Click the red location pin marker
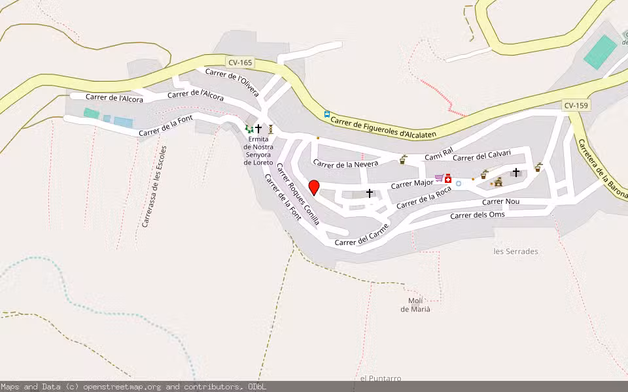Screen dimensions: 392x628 tap(314, 188)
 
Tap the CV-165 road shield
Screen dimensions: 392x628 tap(240, 63)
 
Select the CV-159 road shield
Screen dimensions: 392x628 tap(576, 105)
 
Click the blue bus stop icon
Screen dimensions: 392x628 tap(327, 114)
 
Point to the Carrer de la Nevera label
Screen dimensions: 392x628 tap(345, 164)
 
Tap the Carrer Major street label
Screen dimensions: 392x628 tap(411, 184)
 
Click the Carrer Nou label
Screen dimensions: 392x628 tap(500, 201)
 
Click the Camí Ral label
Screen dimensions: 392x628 tap(438, 155)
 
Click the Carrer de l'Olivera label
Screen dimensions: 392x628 tap(232, 82)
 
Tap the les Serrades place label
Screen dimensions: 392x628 tap(515, 251)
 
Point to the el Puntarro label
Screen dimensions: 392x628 tap(380, 378)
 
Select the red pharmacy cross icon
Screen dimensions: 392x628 tap(448, 178)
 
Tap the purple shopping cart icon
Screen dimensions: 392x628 tap(438, 178)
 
